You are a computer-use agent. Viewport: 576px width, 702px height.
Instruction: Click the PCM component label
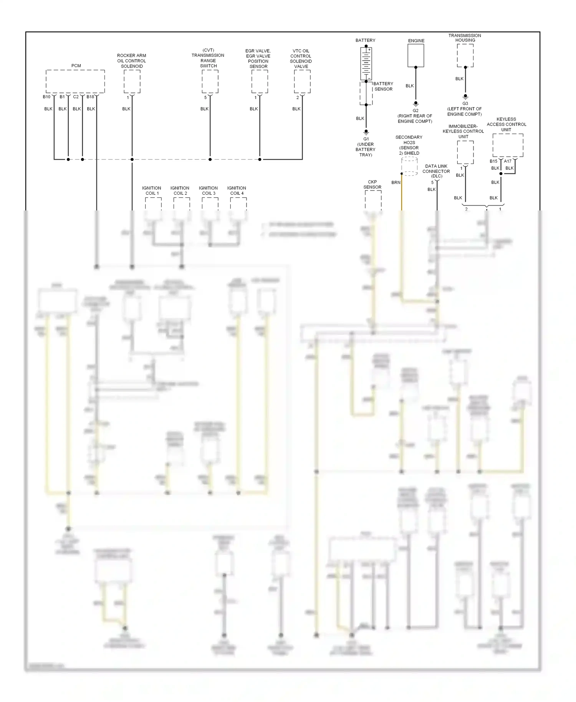tap(76, 66)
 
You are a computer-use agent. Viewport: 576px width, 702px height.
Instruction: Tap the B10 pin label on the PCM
tap(46, 97)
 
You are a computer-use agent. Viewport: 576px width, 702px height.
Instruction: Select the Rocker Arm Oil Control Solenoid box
tap(132, 81)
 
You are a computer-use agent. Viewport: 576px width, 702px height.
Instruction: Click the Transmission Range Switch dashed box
tap(210, 81)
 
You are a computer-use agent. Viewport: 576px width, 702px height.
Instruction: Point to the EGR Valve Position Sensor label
tap(258, 58)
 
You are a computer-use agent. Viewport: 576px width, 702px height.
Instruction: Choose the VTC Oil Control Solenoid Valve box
tap(302, 81)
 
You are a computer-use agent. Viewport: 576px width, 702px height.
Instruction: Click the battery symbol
tap(366, 63)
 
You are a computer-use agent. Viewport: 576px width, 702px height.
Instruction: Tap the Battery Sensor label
tap(383, 86)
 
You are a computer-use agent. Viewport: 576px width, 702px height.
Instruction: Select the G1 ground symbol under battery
tap(366, 132)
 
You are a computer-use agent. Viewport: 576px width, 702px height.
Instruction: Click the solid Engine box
tap(415, 56)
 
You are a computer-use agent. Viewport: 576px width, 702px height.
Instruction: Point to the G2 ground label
tap(415, 111)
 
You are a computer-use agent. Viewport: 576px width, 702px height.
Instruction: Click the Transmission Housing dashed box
tap(465, 56)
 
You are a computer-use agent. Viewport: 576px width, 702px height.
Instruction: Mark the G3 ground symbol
tap(465, 96)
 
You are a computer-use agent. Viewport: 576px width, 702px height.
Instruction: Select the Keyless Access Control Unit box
tap(508, 145)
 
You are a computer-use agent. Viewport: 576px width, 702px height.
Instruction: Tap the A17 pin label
tap(508, 161)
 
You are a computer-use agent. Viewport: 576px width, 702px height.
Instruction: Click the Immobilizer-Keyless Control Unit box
tap(465, 152)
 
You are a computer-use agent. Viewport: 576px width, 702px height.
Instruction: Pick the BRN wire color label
tap(396, 182)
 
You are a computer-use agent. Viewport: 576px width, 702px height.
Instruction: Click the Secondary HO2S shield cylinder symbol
tap(409, 166)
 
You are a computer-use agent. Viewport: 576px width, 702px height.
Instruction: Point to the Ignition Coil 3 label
tap(208, 190)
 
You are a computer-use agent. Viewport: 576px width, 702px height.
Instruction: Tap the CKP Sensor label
tap(372, 184)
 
